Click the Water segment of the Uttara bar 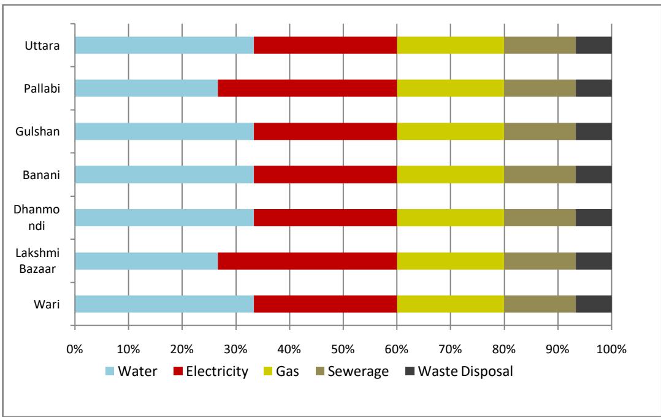click(x=164, y=45)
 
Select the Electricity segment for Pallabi click(x=307, y=88)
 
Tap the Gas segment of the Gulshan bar click(x=450, y=131)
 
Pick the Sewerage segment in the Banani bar click(x=540, y=175)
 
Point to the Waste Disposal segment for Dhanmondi click(x=594, y=218)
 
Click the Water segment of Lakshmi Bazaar click(x=146, y=261)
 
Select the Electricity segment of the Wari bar click(x=325, y=304)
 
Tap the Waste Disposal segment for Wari click(x=594, y=304)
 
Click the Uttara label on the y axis click(x=47, y=45)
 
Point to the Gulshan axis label click(x=42, y=131)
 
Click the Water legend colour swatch click(x=110, y=371)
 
